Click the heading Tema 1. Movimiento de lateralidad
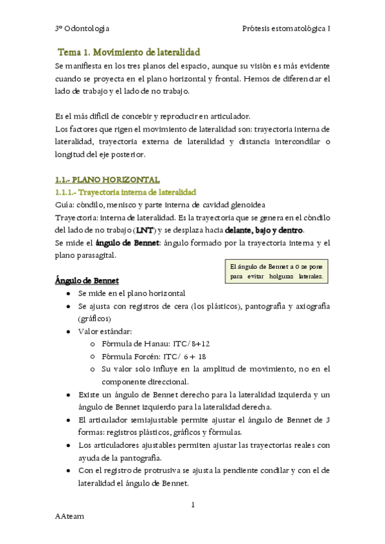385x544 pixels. (129, 52)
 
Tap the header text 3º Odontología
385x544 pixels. (82, 28)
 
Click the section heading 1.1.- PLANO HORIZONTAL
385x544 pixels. (107, 180)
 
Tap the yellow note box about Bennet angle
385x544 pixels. (277, 272)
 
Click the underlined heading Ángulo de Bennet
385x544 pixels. (86, 281)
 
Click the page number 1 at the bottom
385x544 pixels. (192, 506)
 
